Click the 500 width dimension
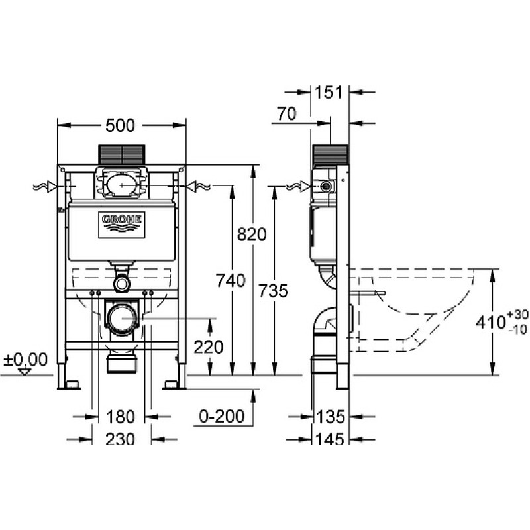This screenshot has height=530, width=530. point(120,125)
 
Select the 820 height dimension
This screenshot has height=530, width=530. point(252,235)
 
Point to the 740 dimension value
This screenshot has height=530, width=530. point(231,280)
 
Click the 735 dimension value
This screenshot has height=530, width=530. point(273,291)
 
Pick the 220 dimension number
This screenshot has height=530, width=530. point(209,346)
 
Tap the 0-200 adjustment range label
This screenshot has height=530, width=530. point(222,416)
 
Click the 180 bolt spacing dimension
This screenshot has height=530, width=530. point(121,417)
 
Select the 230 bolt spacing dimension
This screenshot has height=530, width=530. point(121,439)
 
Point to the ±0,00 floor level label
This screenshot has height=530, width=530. point(25,359)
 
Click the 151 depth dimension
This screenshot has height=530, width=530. point(329,92)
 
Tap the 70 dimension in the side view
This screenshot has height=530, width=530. point(287,113)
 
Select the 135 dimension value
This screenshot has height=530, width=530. point(330,417)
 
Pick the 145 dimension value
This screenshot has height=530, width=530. point(330,439)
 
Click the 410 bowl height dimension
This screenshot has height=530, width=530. point(491,322)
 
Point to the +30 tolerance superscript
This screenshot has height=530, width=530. point(517,315)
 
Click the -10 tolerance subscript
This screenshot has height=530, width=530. point(518,329)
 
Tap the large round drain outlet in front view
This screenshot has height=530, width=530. point(122,318)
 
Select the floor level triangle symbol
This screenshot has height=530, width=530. point(25,372)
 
